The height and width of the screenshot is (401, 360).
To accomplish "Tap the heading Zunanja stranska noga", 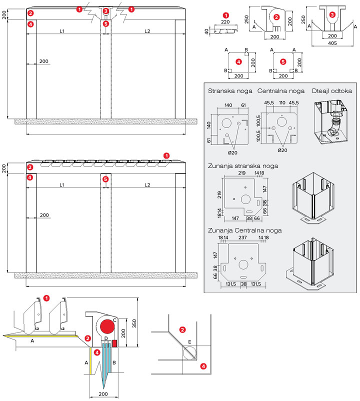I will pyautogui.click(x=243, y=165).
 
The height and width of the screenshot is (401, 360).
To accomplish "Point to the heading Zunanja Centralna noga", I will pyautogui.click(x=244, y=230).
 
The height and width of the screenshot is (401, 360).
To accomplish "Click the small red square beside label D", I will pyautogui.click(x=114, y=343).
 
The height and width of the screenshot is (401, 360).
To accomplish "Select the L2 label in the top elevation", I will pyautogui.click(x=147, y=31).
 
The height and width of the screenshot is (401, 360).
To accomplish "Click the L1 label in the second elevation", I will pyautogui.click(x=61, y=185).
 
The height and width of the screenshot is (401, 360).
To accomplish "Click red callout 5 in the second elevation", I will pyautogui.click(x=105, y=179).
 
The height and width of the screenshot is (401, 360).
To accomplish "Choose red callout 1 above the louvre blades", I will pyautogui.click(x=166, y=155).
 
